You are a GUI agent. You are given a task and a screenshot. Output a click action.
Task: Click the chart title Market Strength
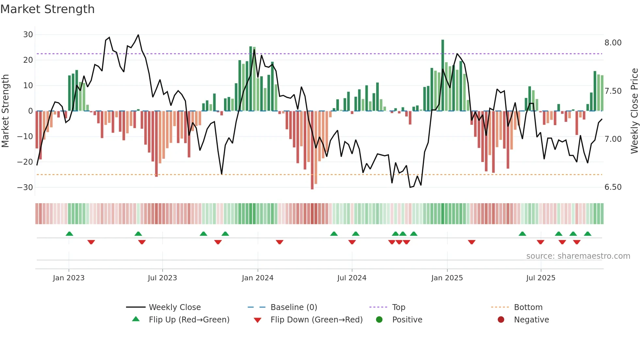coord(47,9)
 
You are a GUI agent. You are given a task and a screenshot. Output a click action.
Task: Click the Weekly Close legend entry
coord(174,307)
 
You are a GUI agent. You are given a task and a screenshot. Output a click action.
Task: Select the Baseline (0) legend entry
coord(294,307)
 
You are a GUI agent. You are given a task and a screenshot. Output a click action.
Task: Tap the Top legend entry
coord(398,307)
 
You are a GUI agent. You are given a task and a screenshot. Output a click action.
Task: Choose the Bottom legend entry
coord(528,307)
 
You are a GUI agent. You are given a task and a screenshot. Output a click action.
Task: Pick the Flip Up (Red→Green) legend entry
coord(189,319)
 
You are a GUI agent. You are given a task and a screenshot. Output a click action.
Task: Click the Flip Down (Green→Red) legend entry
coord(316,319)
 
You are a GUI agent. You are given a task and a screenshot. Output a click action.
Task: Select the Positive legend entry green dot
coord(379,319)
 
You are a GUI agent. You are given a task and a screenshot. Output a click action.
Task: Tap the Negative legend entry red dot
coord(501,319)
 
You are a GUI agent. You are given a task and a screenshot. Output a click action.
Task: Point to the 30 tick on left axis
coord(28,35)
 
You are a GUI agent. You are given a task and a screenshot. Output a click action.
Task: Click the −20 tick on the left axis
coord(25,162)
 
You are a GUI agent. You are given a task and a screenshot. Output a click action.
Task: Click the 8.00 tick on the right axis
coord(613,43)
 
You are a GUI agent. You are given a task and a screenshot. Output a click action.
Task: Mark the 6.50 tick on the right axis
coord(613,187)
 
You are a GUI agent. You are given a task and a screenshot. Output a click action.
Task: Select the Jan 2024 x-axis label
coord(257,278)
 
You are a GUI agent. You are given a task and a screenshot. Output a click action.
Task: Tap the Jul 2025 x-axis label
coord(540,278)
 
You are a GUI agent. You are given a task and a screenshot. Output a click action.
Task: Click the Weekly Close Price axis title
coord(634,111)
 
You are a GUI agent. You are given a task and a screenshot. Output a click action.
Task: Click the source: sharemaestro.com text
coord(578,256)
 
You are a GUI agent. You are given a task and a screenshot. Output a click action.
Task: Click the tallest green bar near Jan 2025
coord(443,75)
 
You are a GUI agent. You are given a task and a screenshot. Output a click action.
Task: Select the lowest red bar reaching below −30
coord(312,150)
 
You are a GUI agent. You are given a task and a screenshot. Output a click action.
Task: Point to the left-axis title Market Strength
coord(5,111)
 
